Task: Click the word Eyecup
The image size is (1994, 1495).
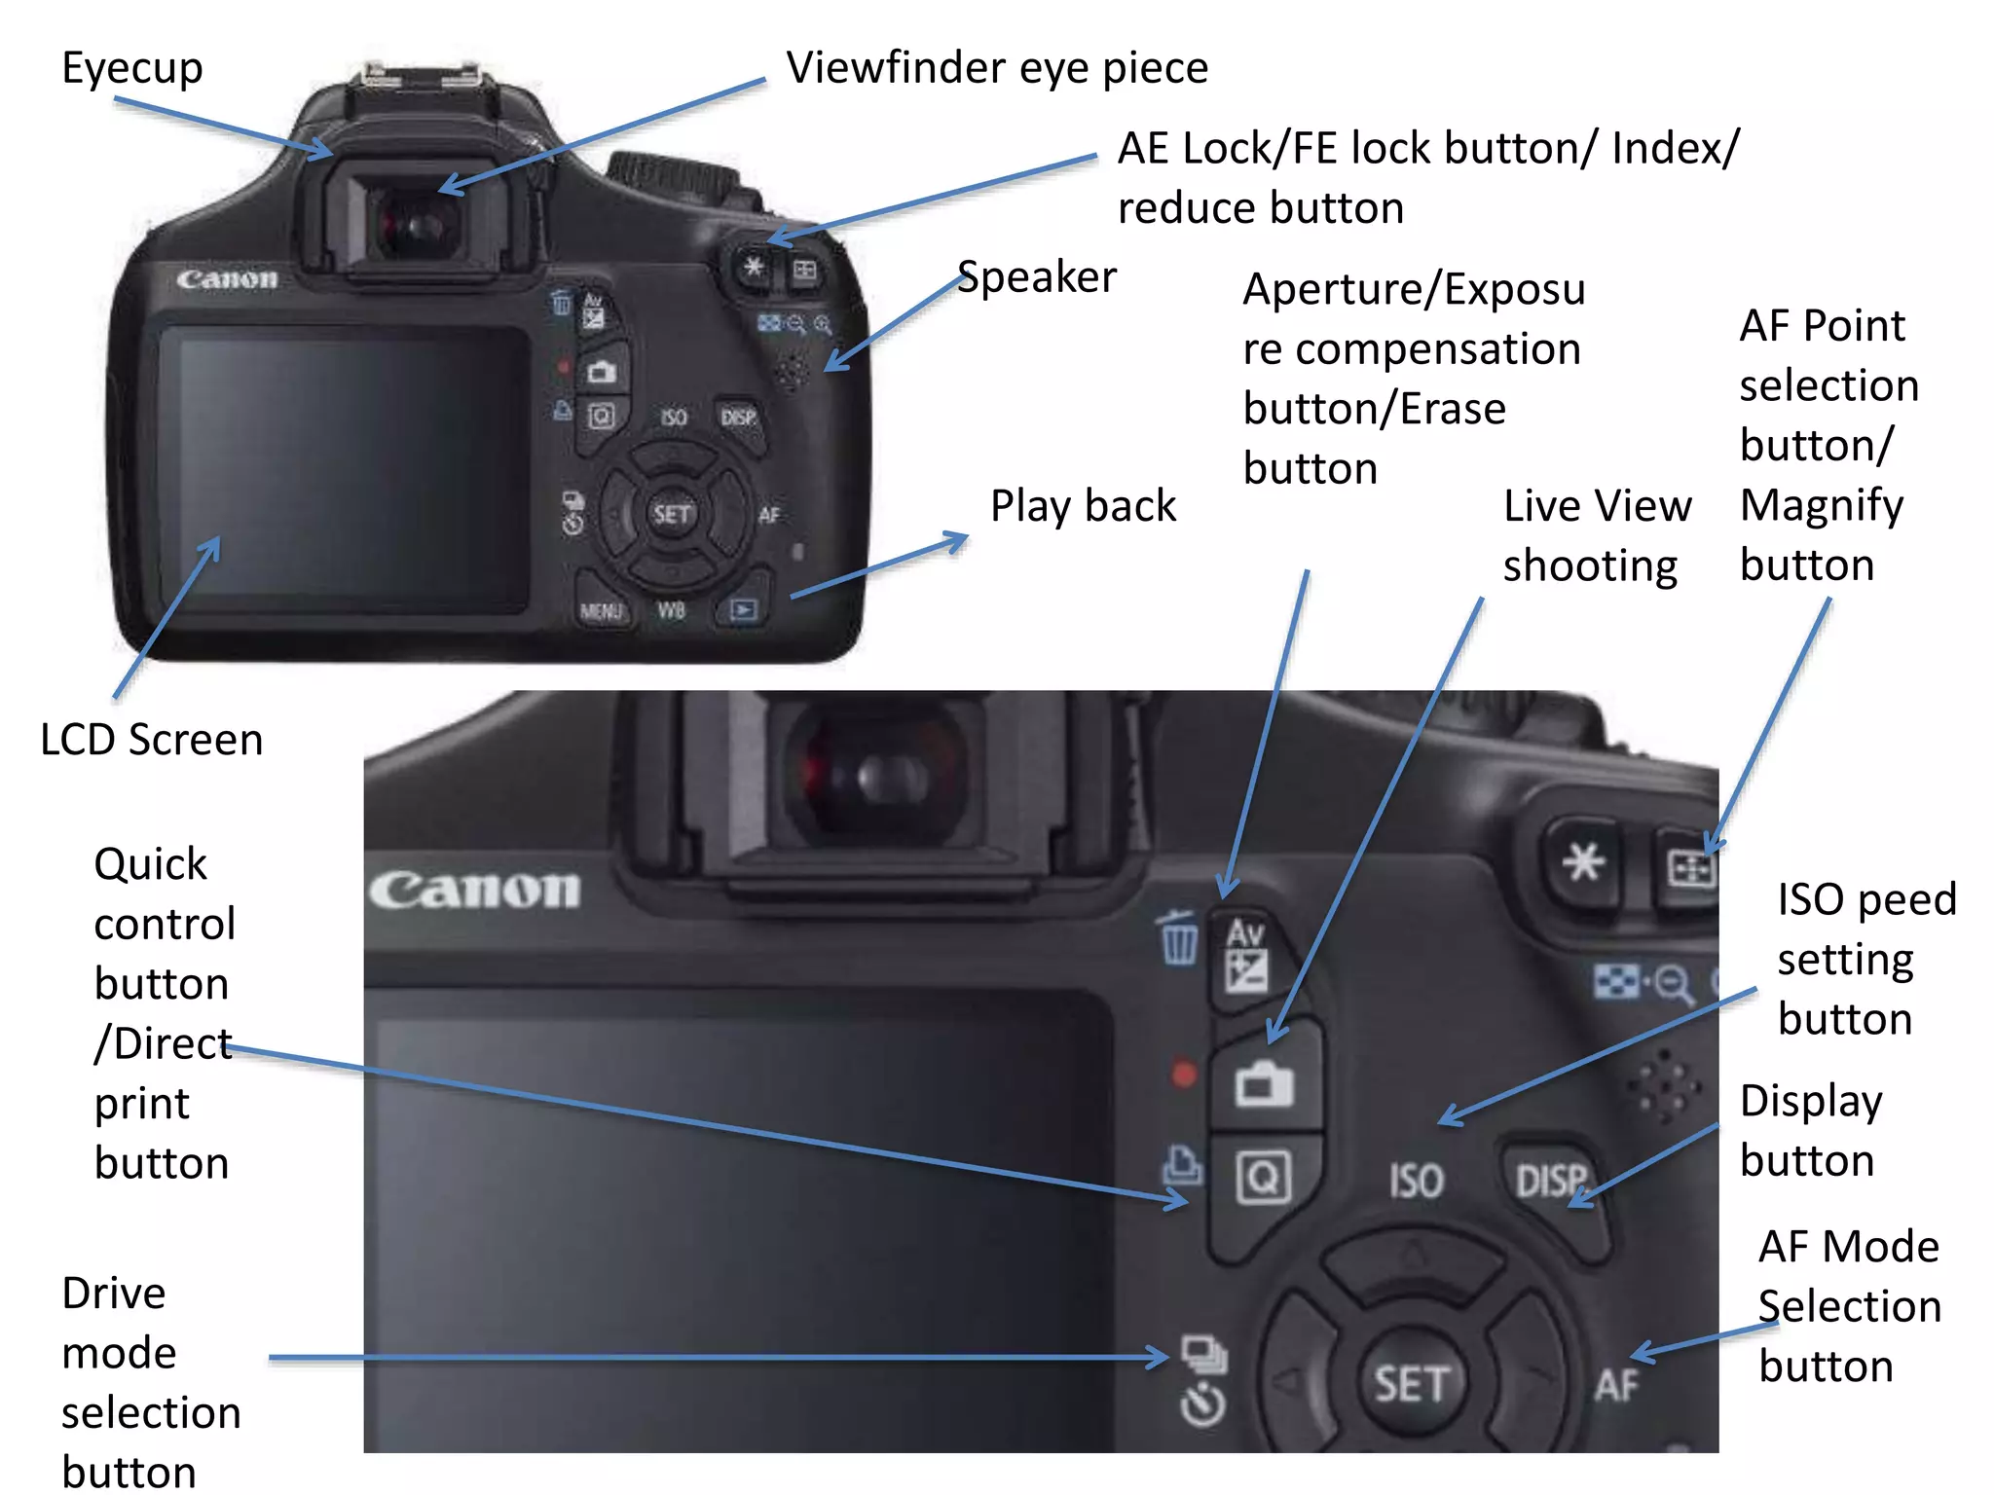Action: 132,69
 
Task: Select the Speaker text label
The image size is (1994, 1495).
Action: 1037,277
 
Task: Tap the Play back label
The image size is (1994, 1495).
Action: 1083,506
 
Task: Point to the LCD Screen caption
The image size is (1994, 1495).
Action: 152,740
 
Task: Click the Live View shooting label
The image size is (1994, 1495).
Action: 1597,535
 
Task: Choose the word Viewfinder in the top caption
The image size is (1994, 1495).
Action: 897,68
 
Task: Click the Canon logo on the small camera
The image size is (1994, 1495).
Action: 227,279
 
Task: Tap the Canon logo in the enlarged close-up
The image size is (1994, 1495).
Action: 474,890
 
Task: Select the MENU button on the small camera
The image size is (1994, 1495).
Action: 601,611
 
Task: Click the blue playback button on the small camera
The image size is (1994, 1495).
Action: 743,610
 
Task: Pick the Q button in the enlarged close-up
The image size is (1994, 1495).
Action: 1263,1178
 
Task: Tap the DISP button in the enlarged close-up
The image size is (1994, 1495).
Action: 1550,1181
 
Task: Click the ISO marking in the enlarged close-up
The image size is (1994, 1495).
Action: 1416,1181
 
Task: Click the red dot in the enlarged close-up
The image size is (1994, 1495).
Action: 1183,1075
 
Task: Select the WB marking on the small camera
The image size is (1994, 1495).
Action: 671,611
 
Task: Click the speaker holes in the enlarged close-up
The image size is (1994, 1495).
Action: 1668,1084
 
